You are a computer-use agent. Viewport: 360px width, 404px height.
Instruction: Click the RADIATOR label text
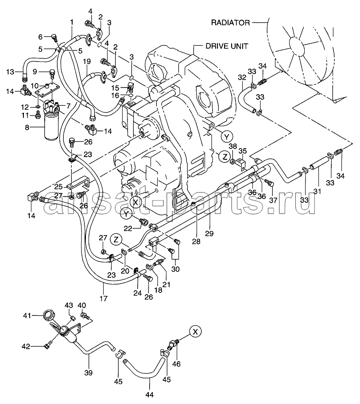[230, 23]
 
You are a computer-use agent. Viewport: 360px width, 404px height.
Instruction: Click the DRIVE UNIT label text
[227, 46]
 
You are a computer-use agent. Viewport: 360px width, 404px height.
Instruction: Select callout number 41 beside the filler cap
[27, 316]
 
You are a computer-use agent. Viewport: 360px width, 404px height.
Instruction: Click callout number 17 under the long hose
[104, 298]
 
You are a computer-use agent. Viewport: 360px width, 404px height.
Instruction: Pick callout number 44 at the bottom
[150, 394]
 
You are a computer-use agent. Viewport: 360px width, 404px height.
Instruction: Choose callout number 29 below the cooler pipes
[209, 234]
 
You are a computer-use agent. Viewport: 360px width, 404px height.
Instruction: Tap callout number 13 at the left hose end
[10, 72]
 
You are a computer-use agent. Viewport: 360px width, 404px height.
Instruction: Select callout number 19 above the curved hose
[87, 62]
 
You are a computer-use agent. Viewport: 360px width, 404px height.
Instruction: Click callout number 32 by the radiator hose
[242, 77]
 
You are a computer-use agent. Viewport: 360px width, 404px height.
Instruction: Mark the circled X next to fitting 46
[195, 332]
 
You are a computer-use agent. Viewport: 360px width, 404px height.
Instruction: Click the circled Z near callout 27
[116, 240]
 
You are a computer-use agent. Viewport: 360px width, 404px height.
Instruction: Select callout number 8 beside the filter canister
[27, 127]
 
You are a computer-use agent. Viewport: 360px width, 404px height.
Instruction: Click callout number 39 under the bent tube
[89, 373]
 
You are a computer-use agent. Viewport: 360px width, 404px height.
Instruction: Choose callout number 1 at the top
[72, 23]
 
